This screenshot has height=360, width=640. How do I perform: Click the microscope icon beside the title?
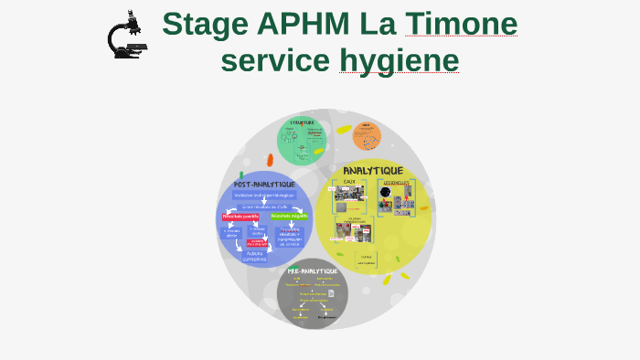pyautogui.click(x=125, y=36)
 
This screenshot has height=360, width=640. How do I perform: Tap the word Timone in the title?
pyautogui.click(x=461, y=24)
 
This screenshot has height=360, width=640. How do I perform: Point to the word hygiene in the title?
pyautogui.click(x=399, y=60)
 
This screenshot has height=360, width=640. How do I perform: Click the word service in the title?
pyautogui.click(x=275, y=60)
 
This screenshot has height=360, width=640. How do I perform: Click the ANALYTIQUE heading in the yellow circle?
pyautogui.click(x=372, y=171)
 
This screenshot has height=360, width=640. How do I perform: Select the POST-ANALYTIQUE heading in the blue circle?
pyautogui.click(x=264, y=184)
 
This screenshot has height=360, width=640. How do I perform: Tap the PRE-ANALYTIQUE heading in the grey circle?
pyautogui.click(x=313, y=271)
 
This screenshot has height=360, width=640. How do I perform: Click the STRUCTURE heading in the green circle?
pyautogui.click(x=302, y=122)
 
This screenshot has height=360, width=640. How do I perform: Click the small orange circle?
pyautogui.click(x=367, y=136)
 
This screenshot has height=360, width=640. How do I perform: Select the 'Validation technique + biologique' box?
pyautogui.click(x=264, y=195)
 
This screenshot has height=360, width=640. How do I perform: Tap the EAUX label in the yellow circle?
pyautogui.click(x=349, y=182)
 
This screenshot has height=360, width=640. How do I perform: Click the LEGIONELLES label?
pyautogui.click(x=397, y=182)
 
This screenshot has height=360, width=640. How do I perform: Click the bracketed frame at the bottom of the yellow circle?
pyautogui.click(x=366, y=259)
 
